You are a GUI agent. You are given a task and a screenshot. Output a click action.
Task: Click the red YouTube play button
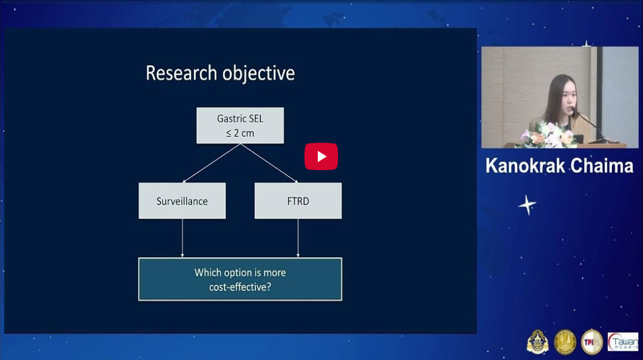click(321, 156)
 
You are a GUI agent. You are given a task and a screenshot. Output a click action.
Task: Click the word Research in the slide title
click(181, 73)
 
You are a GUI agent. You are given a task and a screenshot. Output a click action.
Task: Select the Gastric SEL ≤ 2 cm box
click(240, 125)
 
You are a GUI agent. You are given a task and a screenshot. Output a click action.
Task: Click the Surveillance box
click(182, 201)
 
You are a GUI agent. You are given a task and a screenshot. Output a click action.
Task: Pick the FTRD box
click(298, 201)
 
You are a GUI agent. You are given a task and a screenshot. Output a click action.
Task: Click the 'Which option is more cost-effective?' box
click(240, 279)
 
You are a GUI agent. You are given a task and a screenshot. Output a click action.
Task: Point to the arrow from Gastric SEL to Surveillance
click(212, 163)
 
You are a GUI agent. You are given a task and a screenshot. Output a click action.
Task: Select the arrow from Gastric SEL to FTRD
click(269, 163)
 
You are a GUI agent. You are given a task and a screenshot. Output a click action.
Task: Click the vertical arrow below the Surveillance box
click(182, 238)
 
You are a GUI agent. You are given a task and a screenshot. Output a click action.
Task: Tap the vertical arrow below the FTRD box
click(298, 238)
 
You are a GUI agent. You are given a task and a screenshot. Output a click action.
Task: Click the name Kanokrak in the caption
click(526, 166)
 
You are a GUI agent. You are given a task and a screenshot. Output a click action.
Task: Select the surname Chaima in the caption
click(601, 166)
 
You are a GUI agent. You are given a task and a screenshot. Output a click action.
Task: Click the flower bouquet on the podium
click(548, 135)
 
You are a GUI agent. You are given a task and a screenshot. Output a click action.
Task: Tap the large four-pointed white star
click(527, 205)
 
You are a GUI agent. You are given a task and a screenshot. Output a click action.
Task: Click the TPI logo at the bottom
click(592, 342)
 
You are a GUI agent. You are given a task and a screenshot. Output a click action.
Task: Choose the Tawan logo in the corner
click(623, 342)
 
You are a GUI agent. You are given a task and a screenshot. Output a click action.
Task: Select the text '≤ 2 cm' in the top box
click(240, 133)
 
